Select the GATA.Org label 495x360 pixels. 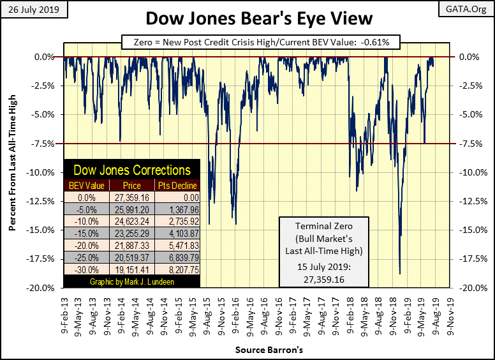[471, 8]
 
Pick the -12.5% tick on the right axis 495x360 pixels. [470, 201]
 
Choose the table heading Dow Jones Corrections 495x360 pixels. [131, 170]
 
